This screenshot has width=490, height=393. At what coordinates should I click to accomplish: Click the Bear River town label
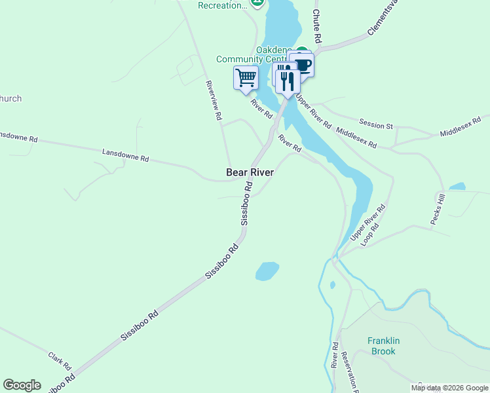pyautogui.click(x=250, y=172)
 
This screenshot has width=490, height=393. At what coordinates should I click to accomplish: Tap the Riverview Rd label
pyautogui.click(x=214, y=101)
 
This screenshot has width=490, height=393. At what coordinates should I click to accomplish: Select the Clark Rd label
pyautogui.click(x=60, y=360)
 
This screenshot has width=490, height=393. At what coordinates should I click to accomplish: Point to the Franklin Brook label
pyautogui.click(x=383, y=346)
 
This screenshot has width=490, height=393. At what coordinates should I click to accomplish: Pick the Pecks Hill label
pyautogui.click(x=438, y=210)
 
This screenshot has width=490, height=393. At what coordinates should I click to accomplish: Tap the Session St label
pyautogui.click(x=376, y=123)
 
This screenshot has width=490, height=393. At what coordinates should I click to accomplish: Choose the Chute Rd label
pyautogui.click(x=316, y=26)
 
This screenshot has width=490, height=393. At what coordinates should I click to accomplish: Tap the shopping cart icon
pyautogui.click(x=246, y=77)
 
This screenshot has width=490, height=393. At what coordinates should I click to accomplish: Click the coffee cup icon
pyautogui.click(x=303, y=64)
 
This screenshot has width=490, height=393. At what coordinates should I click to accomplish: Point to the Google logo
pyautogui.click(x=22, y=385)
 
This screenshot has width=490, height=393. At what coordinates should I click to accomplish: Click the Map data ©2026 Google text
pyautogui.click(x=450, y=388)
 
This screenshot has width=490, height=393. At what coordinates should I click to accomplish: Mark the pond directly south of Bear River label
pyautogui.click(x=267, y=271)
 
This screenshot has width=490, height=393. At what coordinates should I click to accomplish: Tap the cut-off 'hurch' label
pyautogui.click(x=10, y=99)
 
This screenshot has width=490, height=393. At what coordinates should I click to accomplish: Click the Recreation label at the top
pyautogui.click(x=223, y=5)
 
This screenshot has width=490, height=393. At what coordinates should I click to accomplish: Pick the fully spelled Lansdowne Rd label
pyautogui.click(x=126, y=155)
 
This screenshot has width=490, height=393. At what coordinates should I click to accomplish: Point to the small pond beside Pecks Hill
pyautogui.click(x=457, y=187)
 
